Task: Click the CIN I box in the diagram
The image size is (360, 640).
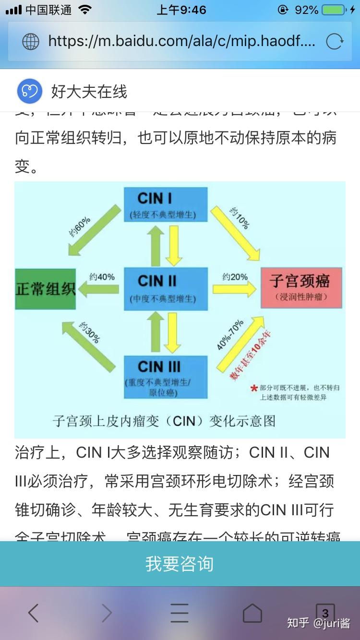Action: (166, 204)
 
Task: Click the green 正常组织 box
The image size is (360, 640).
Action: (46, 289)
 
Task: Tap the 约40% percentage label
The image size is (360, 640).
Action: (102, 277)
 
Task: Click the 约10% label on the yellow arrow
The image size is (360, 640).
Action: (239, 219)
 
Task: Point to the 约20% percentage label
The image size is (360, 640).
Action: (235, 277)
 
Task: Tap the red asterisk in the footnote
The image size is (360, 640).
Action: (254, 388)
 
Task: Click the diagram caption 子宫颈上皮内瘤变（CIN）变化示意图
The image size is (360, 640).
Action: (165, 421)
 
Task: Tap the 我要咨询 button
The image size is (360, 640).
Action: (180, 564)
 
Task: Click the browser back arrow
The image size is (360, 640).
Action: (33, 613)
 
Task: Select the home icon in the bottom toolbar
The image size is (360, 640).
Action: (252, 613)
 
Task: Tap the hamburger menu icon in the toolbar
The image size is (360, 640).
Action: (180, 613)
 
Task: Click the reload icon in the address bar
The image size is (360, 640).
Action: (335, 42)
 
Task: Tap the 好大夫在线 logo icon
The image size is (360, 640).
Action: (30, 91)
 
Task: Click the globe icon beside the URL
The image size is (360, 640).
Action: (31, 42)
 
